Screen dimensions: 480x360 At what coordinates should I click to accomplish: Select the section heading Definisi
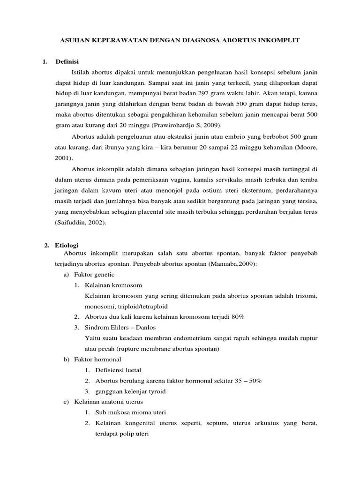tap(67, 61)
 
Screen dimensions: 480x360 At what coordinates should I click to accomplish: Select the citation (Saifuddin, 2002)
tap(81, 223)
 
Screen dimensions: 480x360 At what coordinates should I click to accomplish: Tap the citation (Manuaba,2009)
tap(233, 264)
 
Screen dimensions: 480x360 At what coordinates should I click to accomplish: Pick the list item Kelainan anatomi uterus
tap(108, 402)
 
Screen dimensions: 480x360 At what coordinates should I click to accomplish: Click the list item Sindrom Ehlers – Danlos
tap(125, 327)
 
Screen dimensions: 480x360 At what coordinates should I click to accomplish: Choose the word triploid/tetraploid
tap(131, 306)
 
